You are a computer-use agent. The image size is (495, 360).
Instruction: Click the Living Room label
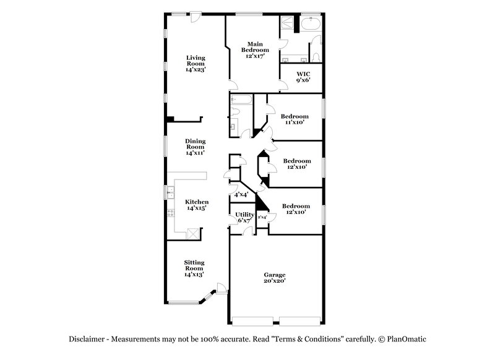click(195, 64)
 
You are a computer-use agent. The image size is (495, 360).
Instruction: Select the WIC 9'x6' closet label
click(303, 76)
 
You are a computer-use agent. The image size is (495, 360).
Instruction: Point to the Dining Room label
click(195, 146)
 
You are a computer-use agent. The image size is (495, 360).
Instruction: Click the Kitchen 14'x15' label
click(197, 205)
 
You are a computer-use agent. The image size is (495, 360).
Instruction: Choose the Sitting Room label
click(194, 268)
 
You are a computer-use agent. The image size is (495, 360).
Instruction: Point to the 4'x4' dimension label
click(241, 194)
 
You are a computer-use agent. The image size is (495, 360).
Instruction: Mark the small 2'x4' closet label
click(262, 217)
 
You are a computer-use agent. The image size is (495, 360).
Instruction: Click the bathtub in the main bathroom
click(310, 25)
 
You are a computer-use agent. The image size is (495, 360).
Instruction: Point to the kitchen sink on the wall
click(168, 192)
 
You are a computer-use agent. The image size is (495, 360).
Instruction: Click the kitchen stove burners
click(168, 213)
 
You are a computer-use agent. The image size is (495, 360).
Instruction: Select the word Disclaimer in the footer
click(87, 339)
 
